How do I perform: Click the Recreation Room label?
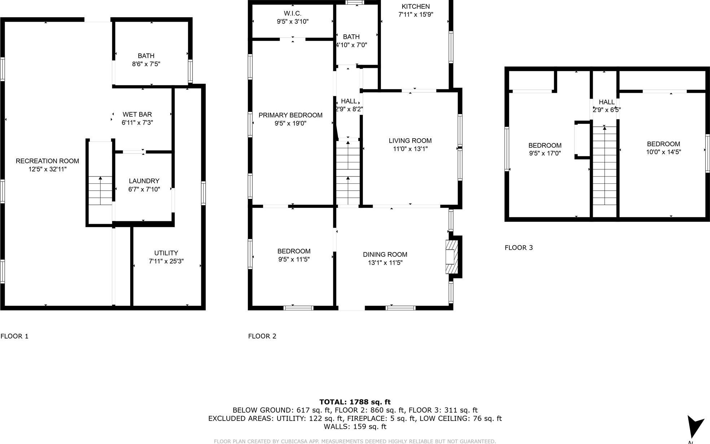click(47, 161)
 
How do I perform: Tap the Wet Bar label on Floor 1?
click(137, 114)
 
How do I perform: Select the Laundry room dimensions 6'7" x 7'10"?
click(144, 189)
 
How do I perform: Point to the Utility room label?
click(166, 253)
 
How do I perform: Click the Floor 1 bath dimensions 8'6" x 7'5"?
click(146, 64)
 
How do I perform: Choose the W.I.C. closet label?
click(292, 13)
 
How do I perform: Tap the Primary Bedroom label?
click(290, 115)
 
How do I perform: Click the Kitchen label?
click(416, 6)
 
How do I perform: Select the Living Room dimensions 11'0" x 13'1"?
click(410, 149)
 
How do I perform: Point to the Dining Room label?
click(385, 254)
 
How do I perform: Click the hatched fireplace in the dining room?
click(451, 257)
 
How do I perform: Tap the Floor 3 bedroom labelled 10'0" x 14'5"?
click(663, 144)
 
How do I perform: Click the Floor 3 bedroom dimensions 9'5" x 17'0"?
click(545, 153)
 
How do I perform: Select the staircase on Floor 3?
click(605, 166)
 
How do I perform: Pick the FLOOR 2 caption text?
click(262, 336)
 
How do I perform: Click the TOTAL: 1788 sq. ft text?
click(355, 402)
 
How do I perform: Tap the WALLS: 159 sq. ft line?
click(355, 426)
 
